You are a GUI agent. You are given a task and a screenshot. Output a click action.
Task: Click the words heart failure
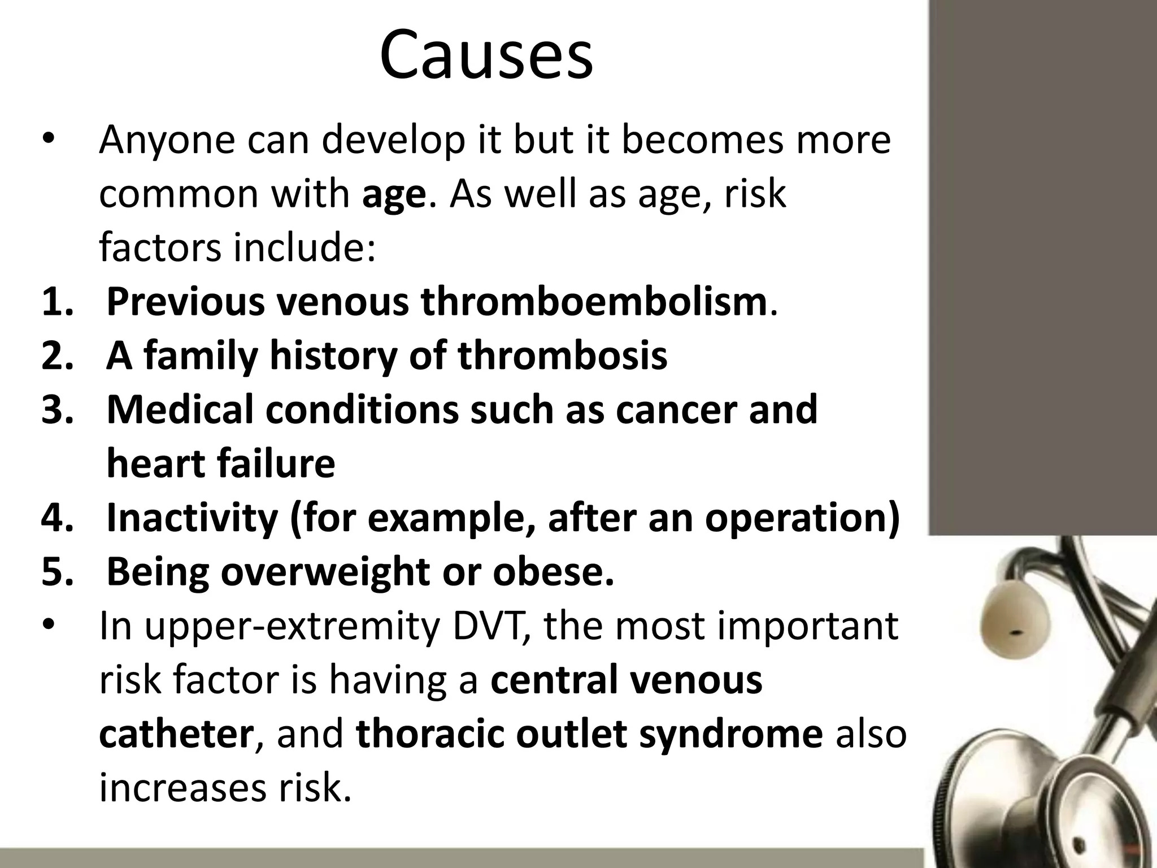(220, 465)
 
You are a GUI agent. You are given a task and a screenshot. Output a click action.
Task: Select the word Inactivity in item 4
(192, 519)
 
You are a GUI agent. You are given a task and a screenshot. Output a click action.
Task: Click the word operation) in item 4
(802, 519)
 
